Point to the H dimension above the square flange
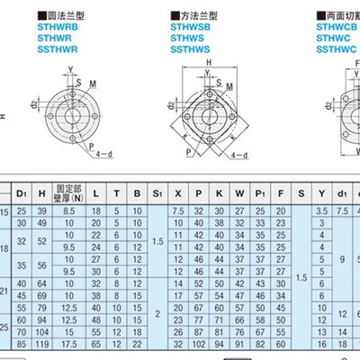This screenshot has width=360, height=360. [209, 63]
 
